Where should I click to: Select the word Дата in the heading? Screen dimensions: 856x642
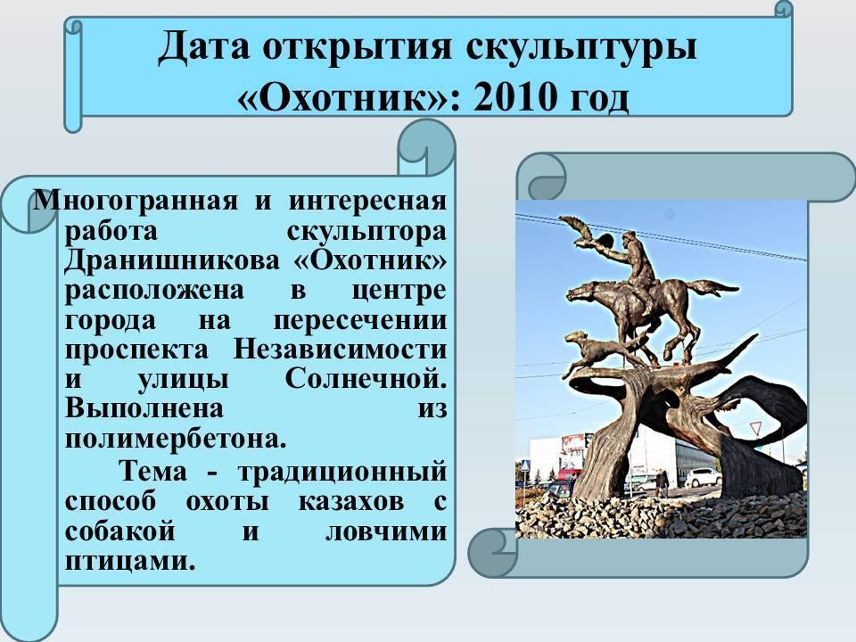click(204, 46)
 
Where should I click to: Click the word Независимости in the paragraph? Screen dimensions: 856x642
click(340, 349)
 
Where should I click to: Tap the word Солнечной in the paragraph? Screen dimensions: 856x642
click(366, 378)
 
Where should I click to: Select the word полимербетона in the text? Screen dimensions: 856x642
click(176, 438)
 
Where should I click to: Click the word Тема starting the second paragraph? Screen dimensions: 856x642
click(153, 471)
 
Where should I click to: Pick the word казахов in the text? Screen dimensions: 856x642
click(351, 500)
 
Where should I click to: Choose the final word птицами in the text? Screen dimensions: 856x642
click(130, 560)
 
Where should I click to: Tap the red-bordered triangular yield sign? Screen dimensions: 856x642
click(755, 427)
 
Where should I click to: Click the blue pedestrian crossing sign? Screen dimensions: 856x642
click(524, 465)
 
